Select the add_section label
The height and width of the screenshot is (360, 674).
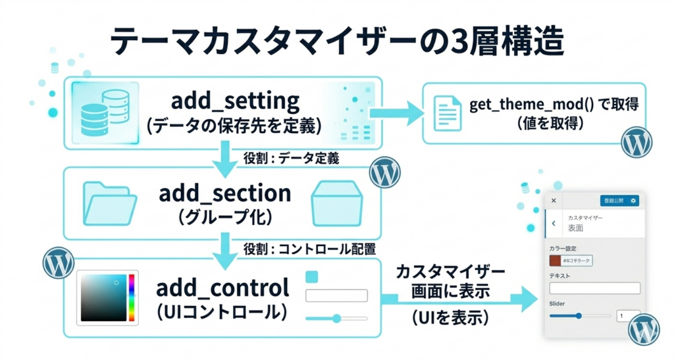click(x=224, y=193)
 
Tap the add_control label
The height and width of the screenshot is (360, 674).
click(x=223, y=288)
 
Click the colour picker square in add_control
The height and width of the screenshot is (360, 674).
click(x=103, y=297)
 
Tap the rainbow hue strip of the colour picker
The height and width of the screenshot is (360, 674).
click(x=132, y=297)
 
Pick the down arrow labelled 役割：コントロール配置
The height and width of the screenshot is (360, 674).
click(x=226, y=251)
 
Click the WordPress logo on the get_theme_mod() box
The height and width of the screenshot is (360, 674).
click(x=636, y=142)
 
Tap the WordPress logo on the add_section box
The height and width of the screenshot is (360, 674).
click(x=385, y=173)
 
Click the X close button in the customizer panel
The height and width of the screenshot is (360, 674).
click(x=554, y=200)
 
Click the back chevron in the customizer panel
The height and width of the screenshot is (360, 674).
click(x=554, y=224)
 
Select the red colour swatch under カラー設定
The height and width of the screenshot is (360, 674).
click(x=556, y=261)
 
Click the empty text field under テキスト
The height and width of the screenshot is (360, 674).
click(x=594, y=288)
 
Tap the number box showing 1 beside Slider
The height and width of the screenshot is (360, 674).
click(x=628, y=316)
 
